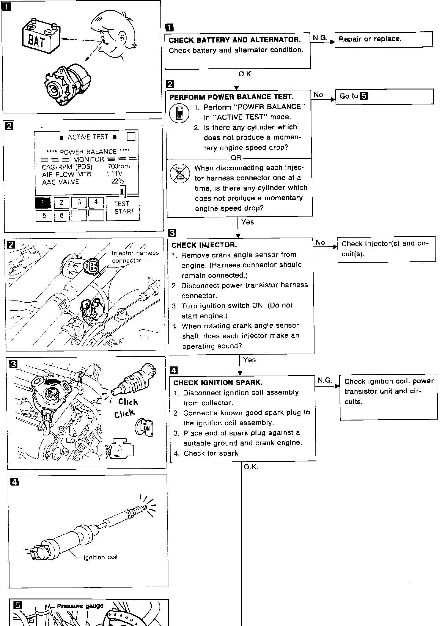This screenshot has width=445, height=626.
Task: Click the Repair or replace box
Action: (x=384, y=39)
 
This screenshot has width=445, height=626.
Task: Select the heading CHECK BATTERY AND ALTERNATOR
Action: (x=234, y=40)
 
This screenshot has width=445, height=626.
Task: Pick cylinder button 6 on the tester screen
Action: (x=61, y=216)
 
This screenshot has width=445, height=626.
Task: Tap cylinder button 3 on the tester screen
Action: (x=79, y=202)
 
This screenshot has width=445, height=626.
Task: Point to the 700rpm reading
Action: (x=119, y=166)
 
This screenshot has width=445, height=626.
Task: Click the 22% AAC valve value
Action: (x=117, y=181)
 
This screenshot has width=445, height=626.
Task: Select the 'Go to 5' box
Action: (x=384, y=96)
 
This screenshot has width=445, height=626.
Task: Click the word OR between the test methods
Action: (x=236, y=158)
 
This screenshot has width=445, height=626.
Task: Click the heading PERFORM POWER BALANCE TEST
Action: (x=231, y=97)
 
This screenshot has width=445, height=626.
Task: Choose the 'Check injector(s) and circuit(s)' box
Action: (x=386, y=249)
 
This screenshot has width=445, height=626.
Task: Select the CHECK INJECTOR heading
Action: (x=204, y=245)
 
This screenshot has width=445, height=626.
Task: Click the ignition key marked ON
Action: (x=145, y=428)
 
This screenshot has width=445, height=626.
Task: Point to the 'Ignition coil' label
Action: (x=100, y=557)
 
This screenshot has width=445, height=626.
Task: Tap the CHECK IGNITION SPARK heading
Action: (x=218, y=383)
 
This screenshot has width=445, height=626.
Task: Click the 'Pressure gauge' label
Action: (x=80, y=606)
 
